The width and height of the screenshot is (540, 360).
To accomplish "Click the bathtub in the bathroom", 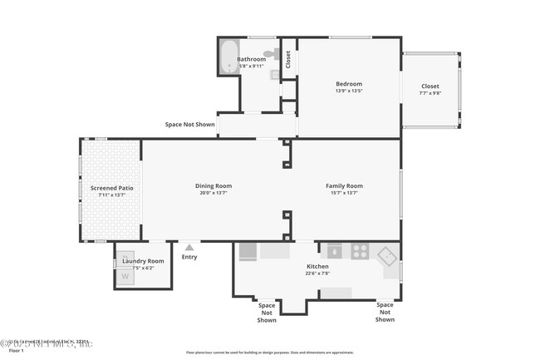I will point(228,57).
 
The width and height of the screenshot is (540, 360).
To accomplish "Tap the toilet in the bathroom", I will point(269,54).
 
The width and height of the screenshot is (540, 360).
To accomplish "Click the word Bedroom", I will point(348,84).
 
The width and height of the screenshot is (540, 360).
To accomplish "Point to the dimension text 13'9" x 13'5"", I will point(348,91).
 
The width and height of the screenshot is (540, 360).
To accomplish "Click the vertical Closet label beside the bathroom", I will point(288,59).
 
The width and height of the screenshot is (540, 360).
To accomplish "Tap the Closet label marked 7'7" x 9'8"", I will point(430,86).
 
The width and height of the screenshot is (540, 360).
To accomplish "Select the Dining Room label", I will point(214,185).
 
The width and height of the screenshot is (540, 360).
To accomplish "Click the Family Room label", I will point(344,185).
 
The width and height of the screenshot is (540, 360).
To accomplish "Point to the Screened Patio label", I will point(111,188).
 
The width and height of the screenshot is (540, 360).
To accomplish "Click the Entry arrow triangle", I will point(189,247).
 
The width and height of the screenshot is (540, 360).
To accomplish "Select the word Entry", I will point(189,257).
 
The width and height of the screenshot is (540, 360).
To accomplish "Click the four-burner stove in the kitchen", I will point(361,249).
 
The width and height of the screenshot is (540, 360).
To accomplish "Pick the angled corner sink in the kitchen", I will point(386,256).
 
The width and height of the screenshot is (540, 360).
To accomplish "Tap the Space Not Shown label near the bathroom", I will point(189,125).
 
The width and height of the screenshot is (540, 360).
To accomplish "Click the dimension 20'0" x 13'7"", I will point(214,193).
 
